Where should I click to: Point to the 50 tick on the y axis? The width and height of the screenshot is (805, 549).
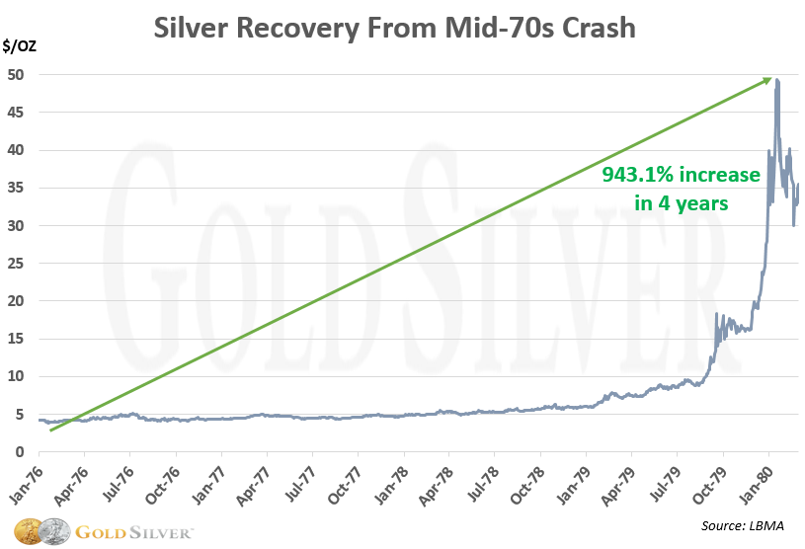(19, 75)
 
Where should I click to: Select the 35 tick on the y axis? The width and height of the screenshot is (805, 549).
(19, 188)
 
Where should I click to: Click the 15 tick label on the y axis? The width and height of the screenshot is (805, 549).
(19, 339)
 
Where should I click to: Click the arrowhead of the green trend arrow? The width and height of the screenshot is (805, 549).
(765, 81)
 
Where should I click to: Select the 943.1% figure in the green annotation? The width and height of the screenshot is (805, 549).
(634, 176)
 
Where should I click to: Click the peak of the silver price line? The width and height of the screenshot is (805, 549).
(777, 80)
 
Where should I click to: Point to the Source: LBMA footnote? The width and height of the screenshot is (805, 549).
(743, 525)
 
